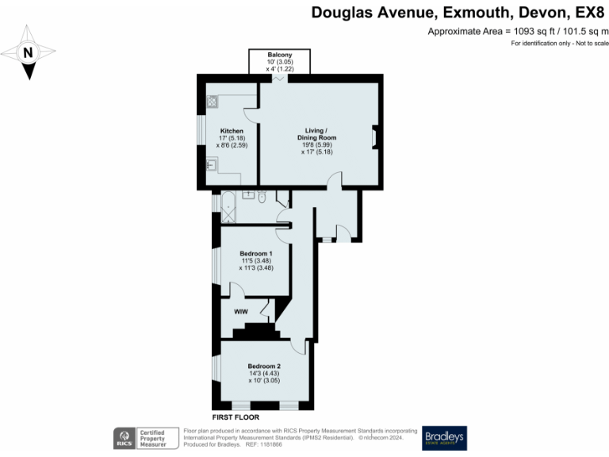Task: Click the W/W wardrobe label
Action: pos(241,312)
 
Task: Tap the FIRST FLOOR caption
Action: pos(236,417)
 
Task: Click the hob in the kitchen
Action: pos(213,102)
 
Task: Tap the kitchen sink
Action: pos(211,164)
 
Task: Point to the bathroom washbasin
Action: pos(247,193)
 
